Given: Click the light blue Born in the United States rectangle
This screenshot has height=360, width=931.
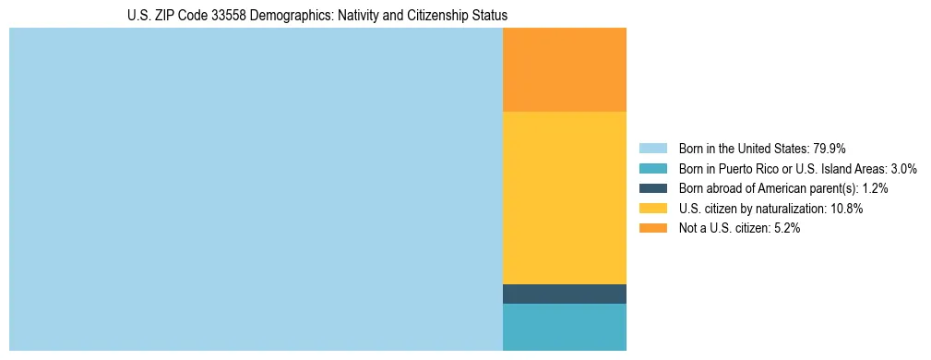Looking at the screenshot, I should pyautogui.click(x=256, y=189).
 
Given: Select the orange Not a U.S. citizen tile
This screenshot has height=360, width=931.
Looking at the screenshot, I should pyautogui.click(x=565, y=69).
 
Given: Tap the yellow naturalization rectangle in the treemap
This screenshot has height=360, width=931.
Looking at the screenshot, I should pyautogui.click(x=565, y=198).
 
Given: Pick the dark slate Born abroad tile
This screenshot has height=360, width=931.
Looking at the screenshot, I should pyautogui.click(x=565, y=294).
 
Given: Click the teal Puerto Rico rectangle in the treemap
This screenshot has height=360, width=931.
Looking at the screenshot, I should pyautogui.click(x=565, y=327).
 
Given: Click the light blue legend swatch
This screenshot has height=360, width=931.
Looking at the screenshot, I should pyautogui.click(x=653, y=148).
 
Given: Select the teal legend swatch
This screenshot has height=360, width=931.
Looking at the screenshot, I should pyautogui.click(x=653, y=168).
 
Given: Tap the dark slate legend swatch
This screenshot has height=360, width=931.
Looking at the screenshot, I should pyautogui.click(x=653, y=188).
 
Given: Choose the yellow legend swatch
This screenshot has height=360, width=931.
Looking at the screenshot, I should pyautogui.click(x=653, y=209).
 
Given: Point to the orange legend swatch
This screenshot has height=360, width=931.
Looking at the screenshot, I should pyautogui.click(x=653, y=229).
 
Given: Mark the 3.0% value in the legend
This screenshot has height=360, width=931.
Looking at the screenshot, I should pyautogui.click(x=902, y=168).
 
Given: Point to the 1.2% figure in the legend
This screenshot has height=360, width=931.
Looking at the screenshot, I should pyautogui.click(x=875, y=188).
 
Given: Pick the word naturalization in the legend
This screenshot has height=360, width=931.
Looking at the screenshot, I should pyautogui.click(x=787, y=209).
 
